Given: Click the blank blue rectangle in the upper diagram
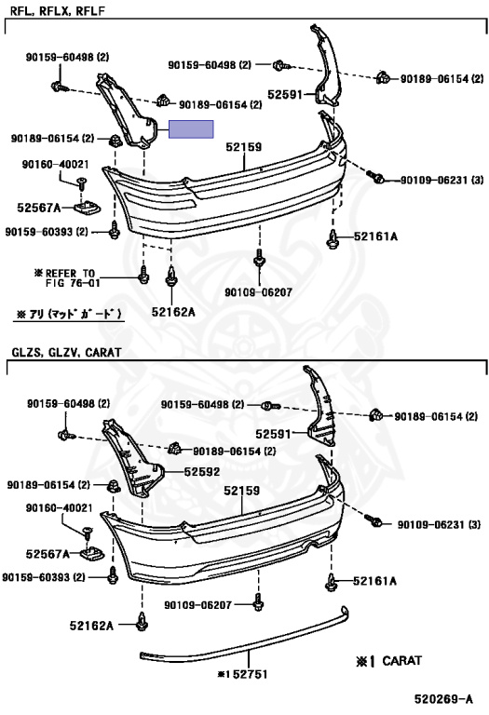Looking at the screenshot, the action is click(x=191, y=129).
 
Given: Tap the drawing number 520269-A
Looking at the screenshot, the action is click(x=443, y=699).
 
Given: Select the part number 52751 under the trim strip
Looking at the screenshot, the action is click(x=247, y=674).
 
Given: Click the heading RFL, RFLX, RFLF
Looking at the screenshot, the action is click(x=58, y=11).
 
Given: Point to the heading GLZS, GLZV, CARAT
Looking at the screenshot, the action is click(x=67, y=353).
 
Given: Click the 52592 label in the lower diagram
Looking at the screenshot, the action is click(x=202, y=471).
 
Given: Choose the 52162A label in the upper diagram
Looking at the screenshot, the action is click(x=173, y=312).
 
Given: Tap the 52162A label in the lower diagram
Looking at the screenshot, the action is click(x=91, y=626).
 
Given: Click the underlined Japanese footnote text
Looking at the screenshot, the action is click(x=69, y=314).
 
